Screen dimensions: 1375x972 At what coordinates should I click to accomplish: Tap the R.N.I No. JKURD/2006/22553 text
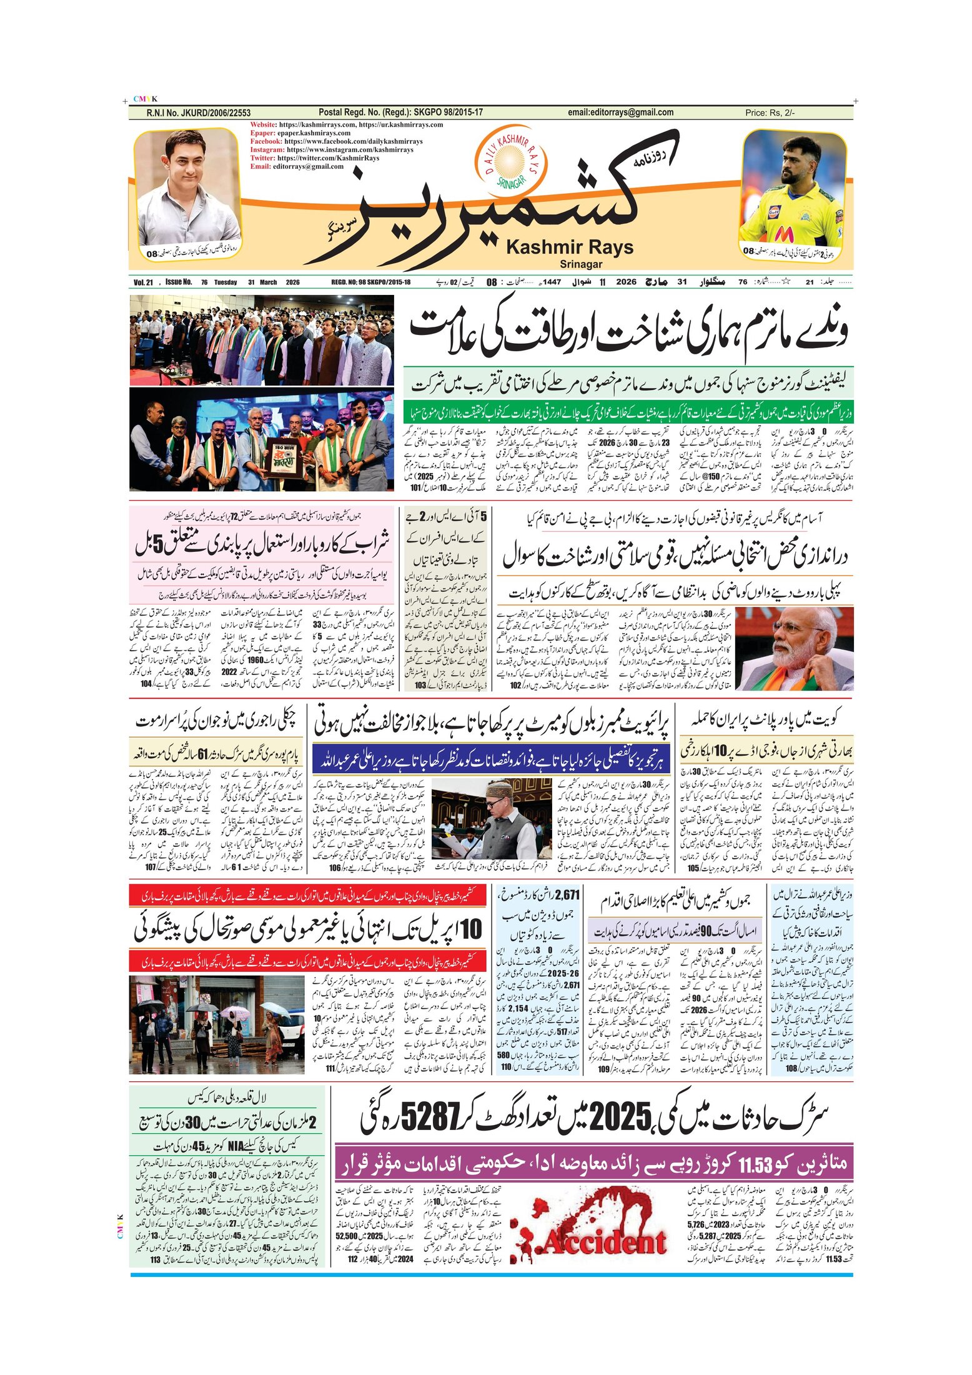[x=198, y=113]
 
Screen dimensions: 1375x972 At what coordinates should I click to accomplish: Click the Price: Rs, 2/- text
[x=770, y=113]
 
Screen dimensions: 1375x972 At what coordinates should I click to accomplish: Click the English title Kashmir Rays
[x=569, y=247]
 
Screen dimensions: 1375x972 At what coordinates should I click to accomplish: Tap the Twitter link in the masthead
[x=315, y=158]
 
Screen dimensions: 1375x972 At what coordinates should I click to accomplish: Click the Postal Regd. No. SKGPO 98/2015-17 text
[x=400, y=112]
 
